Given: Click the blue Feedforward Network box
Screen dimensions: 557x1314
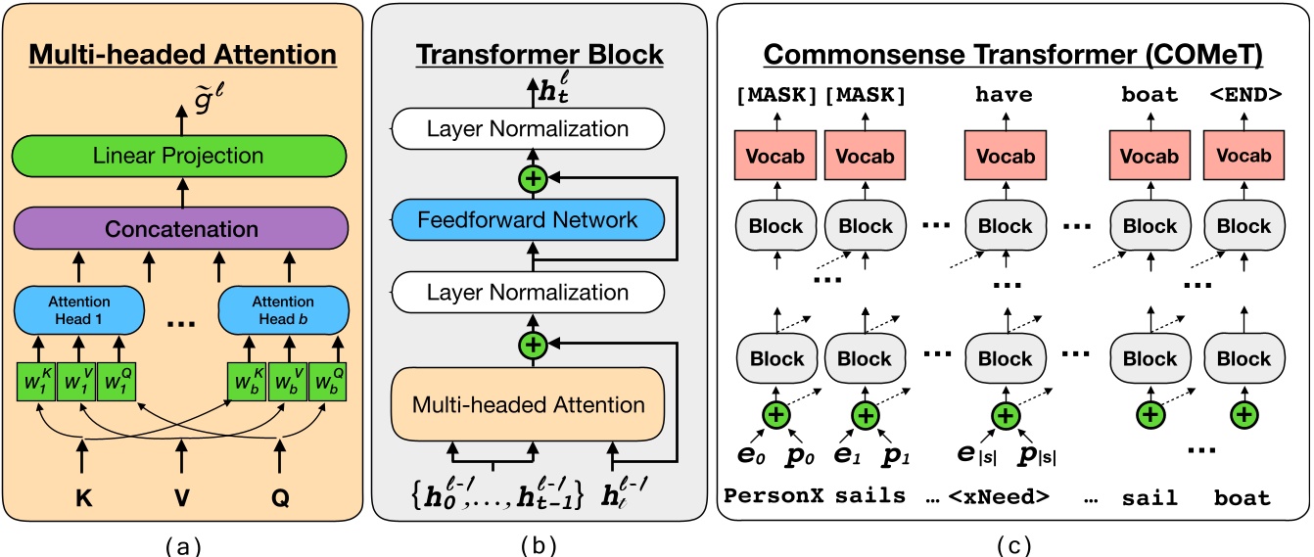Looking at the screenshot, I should [529, 219].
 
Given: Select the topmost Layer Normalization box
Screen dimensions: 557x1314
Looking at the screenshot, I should [529, 128].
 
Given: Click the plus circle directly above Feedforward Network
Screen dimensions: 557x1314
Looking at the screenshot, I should [534, 177].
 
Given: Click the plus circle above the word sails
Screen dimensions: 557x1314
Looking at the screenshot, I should [864, 414].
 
